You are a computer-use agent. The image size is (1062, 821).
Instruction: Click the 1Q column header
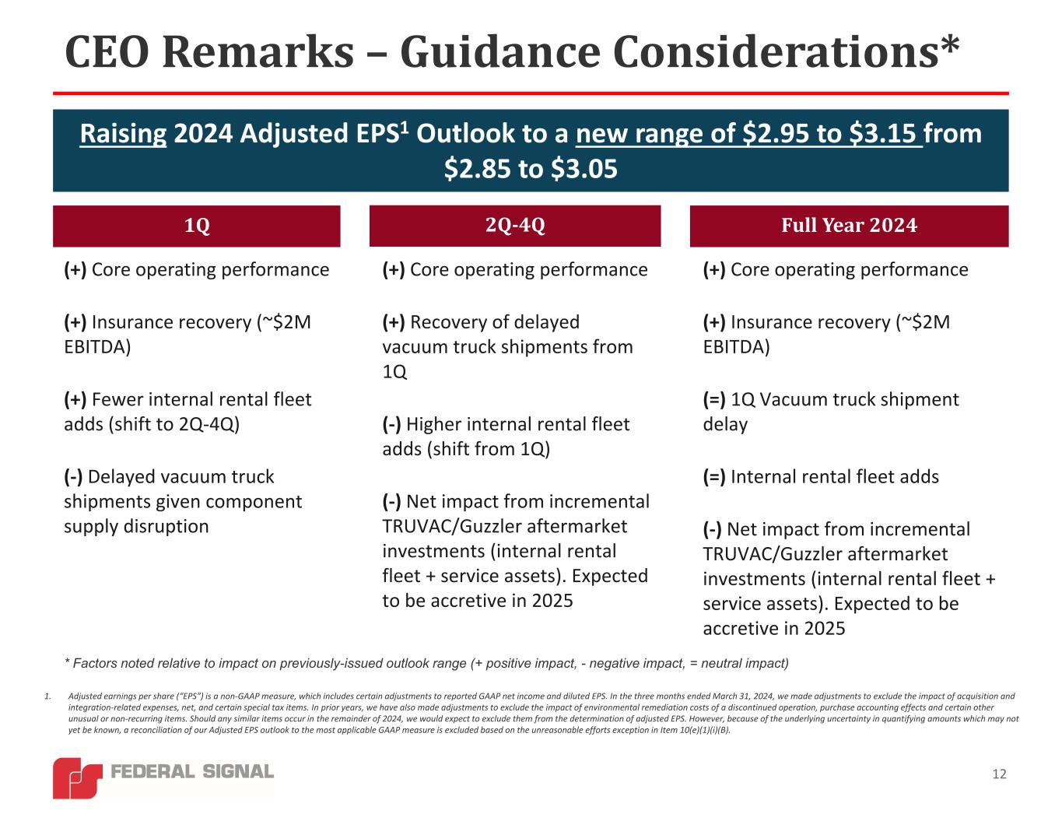coord(197,226)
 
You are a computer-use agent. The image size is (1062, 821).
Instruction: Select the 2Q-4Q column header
coord(514,225)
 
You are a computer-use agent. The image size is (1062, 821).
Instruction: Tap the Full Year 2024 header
coord(849,226)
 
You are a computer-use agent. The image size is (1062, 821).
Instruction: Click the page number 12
coord(999,774)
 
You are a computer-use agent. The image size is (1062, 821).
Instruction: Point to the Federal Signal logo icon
coord(77,777)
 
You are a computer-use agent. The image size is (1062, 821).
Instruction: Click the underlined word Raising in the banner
coord(123,134)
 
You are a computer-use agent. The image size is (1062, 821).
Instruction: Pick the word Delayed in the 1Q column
coord(120,476)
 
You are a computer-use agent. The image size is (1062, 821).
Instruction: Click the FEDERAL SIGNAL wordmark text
coord(192,771)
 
